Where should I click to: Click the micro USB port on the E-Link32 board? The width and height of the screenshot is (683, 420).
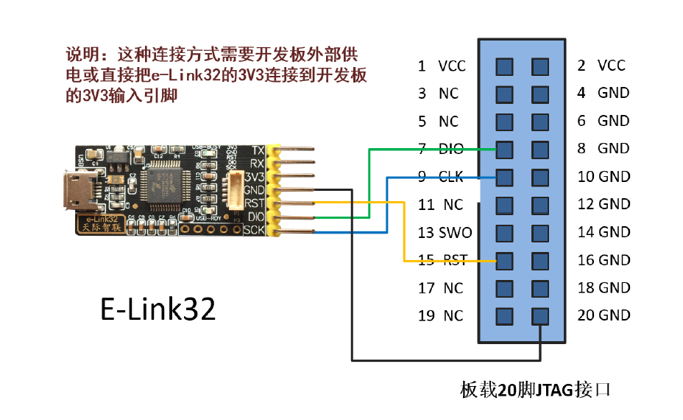76,191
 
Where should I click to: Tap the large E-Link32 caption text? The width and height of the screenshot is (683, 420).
158,309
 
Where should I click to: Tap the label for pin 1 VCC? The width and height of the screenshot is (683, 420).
442,66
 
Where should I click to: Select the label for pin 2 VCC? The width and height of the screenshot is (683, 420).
601,66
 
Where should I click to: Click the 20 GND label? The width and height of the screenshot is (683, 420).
604,315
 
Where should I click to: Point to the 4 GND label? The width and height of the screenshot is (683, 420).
604,93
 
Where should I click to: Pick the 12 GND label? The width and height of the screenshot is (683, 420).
604,204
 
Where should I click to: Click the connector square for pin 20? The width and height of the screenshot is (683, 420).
540,316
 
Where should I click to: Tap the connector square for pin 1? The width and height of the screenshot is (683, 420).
504,67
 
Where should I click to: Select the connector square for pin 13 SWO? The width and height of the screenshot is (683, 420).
504,233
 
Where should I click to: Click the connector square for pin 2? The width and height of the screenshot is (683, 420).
540,67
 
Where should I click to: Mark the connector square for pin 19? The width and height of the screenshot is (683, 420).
504,316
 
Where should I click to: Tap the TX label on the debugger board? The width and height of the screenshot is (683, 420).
258,150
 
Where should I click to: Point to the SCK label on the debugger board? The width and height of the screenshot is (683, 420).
254,231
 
